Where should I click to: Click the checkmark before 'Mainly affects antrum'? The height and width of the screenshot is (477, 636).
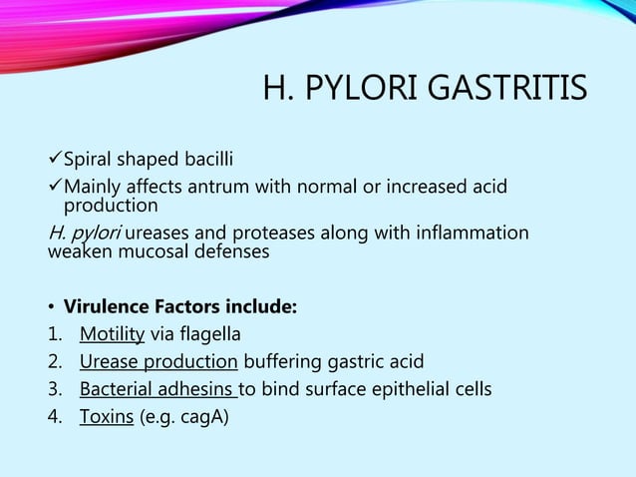coord(55,187)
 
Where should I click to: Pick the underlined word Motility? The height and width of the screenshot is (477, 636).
coord(112,333)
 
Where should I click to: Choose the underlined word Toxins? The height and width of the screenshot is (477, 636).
coord(107,416)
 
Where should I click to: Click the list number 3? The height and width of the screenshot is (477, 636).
coord(54,388)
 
